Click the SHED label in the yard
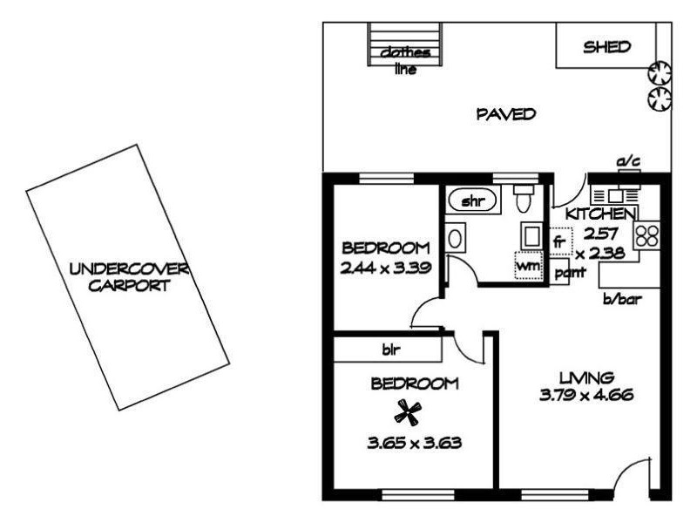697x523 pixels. (606, 47)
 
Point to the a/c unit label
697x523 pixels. (626, 162)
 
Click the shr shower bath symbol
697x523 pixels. (472, 202)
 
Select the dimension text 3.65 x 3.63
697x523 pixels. (413, 442)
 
